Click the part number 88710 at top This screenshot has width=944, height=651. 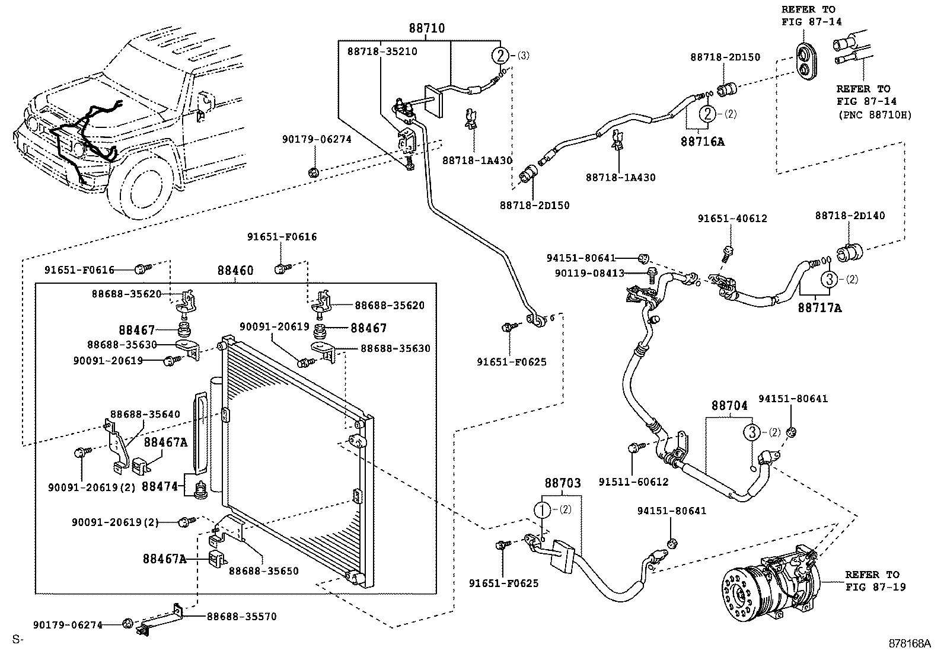coord(426,28)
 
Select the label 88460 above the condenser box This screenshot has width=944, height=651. coord(235,271)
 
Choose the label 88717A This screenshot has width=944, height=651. coord(819,308)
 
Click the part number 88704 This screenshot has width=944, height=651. coord(729,406)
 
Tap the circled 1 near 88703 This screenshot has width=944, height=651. coord(543,509)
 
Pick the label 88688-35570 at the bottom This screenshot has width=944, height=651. coord(241,617)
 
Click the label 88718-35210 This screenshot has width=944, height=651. coord(382,52)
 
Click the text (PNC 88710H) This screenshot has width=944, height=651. coord(874,115)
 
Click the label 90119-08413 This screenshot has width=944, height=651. coord(589,273)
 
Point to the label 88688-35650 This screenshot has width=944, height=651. coord(263,571)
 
